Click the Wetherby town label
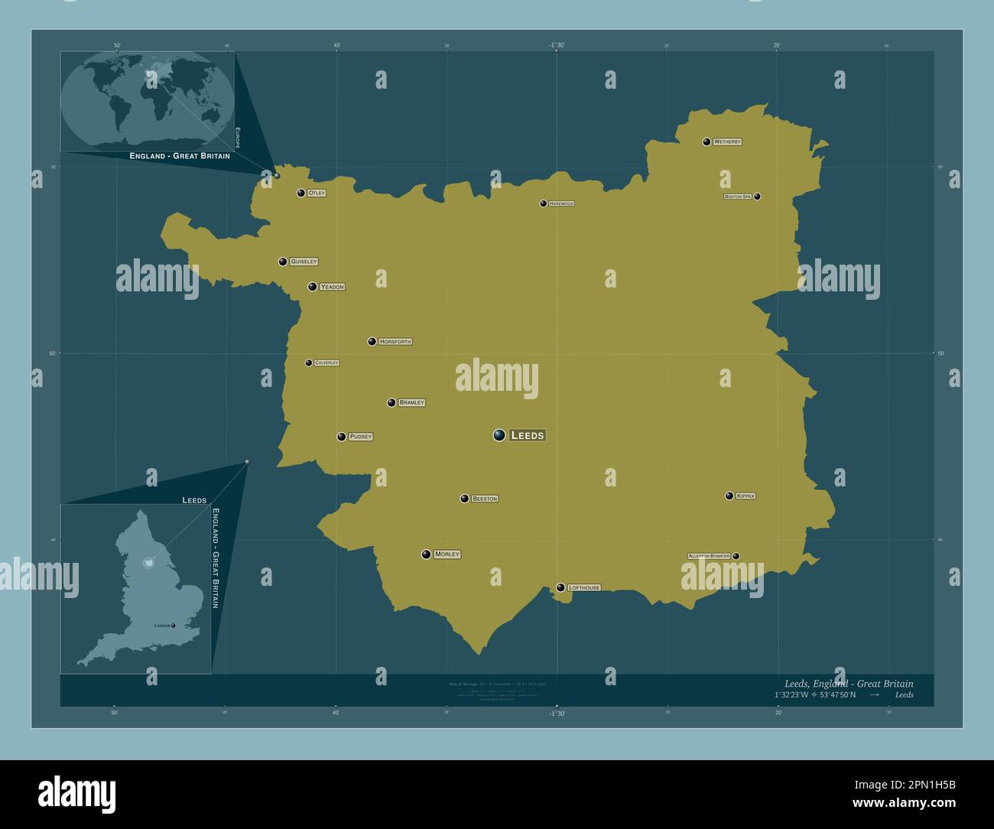coord(727,142)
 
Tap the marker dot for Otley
coord(301,193)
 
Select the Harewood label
coord(561,204)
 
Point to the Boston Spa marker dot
coord(757,197)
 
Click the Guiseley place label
coord(304,262)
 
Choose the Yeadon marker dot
coord(312,287)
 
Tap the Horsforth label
coord(395,342)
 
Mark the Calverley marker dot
coord(309,362)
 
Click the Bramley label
coord(411,402)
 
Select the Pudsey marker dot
coord(342,437)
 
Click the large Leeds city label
coord(527,435)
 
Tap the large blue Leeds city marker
coord(499,435)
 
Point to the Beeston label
coord(485,499)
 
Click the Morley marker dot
coord(426,554)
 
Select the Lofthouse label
coord(584,588)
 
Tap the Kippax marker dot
coord(729,496)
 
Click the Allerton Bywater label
coord(709,556)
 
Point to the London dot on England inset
coord(174,626)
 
